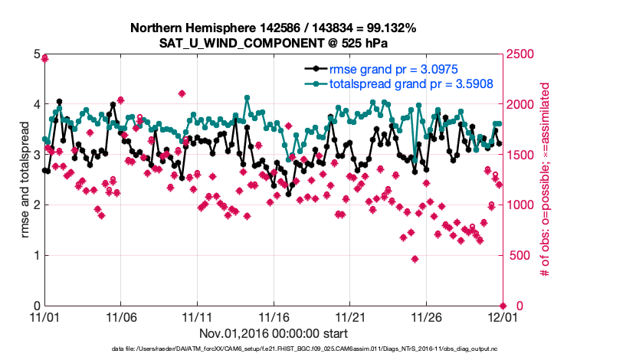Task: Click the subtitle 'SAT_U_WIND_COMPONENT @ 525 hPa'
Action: click(273, 43)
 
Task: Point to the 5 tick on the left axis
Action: click(36, 54)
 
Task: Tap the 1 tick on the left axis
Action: click(36, 256)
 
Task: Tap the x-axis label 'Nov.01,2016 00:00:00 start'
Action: click(274, 333)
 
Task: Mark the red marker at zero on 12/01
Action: click(503, 306)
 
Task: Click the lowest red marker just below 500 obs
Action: click(415, 259)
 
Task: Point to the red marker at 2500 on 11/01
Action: click(45, 58)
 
